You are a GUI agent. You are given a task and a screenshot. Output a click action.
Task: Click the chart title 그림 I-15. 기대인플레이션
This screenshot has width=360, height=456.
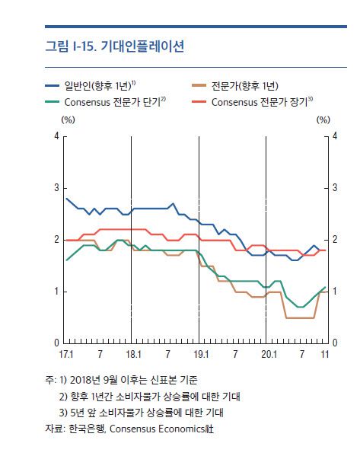114,46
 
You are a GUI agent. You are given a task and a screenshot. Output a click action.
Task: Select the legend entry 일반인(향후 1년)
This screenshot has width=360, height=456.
99,85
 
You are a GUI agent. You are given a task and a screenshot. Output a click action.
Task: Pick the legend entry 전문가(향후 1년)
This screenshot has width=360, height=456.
245,85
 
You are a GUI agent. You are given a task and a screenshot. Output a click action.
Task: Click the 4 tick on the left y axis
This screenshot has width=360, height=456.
56,136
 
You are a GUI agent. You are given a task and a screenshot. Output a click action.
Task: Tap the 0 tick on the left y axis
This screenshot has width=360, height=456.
56,343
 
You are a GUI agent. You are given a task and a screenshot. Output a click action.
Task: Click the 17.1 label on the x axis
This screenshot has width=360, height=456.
65,355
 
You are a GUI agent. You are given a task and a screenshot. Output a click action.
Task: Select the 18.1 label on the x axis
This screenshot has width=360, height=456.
132,355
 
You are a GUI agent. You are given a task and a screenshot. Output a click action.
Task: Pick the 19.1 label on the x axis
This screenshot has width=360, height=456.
199,355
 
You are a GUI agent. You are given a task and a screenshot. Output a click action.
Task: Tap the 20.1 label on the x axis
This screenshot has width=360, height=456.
266,355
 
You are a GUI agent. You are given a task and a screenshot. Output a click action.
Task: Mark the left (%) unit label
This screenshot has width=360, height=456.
68,120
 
